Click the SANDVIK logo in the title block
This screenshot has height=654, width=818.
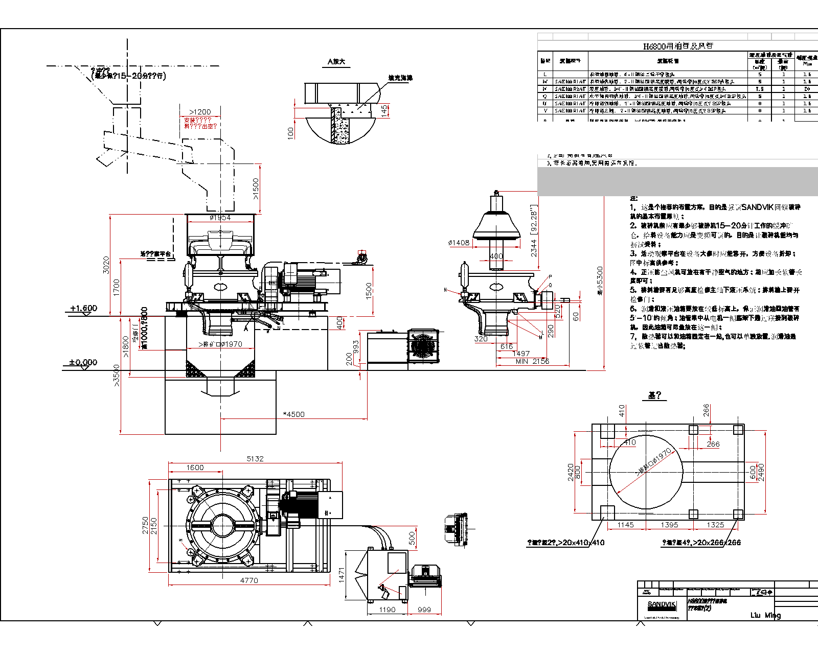662,604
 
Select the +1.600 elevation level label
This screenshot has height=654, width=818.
83,308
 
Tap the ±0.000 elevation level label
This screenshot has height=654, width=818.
83,362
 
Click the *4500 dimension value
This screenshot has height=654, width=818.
294,414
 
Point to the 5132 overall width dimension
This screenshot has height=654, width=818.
255,459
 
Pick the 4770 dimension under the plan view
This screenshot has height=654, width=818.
249,580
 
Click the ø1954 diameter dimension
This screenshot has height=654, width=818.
220,218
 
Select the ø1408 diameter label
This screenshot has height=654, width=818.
459,243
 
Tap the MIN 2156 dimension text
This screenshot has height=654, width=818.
532,361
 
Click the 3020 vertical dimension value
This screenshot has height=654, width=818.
106,265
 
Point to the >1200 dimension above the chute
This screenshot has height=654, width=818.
200,112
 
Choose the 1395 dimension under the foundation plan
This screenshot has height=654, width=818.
669,525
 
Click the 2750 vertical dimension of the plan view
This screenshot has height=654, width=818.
145,526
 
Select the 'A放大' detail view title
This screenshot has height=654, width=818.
336,62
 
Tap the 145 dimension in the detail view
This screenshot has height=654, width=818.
384,111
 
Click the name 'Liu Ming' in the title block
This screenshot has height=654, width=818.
765,615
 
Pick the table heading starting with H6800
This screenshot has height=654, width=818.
678,46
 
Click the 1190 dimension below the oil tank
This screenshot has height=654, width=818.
387,610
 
